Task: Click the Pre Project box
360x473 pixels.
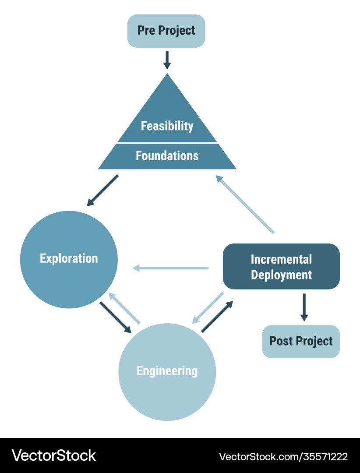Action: (166, 31)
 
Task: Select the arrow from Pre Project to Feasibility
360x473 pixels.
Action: (167, 60)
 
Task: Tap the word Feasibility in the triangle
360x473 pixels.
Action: (167, 126)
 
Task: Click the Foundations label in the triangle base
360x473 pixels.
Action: (167, 155)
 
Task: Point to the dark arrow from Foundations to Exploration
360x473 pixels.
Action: (102, 191)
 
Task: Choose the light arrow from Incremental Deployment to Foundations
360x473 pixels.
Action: (245, 204)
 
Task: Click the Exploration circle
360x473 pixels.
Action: (69, 259)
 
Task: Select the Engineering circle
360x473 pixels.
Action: (167, 372)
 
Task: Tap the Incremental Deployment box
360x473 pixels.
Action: (281, 266)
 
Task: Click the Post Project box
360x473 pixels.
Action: (301, 342)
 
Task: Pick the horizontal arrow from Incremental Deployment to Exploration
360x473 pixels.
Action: (170, 268)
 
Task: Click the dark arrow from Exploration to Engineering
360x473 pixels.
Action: (116, 318)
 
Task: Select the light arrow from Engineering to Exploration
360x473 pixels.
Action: (124, 308)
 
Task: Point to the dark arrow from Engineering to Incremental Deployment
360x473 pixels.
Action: (217, 316)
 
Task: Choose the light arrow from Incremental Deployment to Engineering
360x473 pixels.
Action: (208, 308)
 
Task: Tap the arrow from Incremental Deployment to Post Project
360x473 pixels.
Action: (304, 307)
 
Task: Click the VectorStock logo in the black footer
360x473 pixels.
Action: (54, 455)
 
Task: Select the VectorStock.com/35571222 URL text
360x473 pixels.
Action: (283, 456)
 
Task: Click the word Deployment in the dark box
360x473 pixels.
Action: (281, 275)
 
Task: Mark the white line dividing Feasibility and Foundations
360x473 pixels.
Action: (167, 143)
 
